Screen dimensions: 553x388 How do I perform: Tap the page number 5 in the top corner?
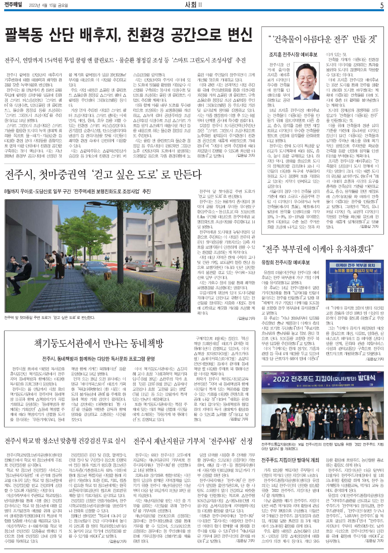[382, 5]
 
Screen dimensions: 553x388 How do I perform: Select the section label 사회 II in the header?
[194, 5]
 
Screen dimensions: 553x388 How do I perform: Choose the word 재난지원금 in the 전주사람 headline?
[174, 440]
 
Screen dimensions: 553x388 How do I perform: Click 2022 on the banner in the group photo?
[290, 379]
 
